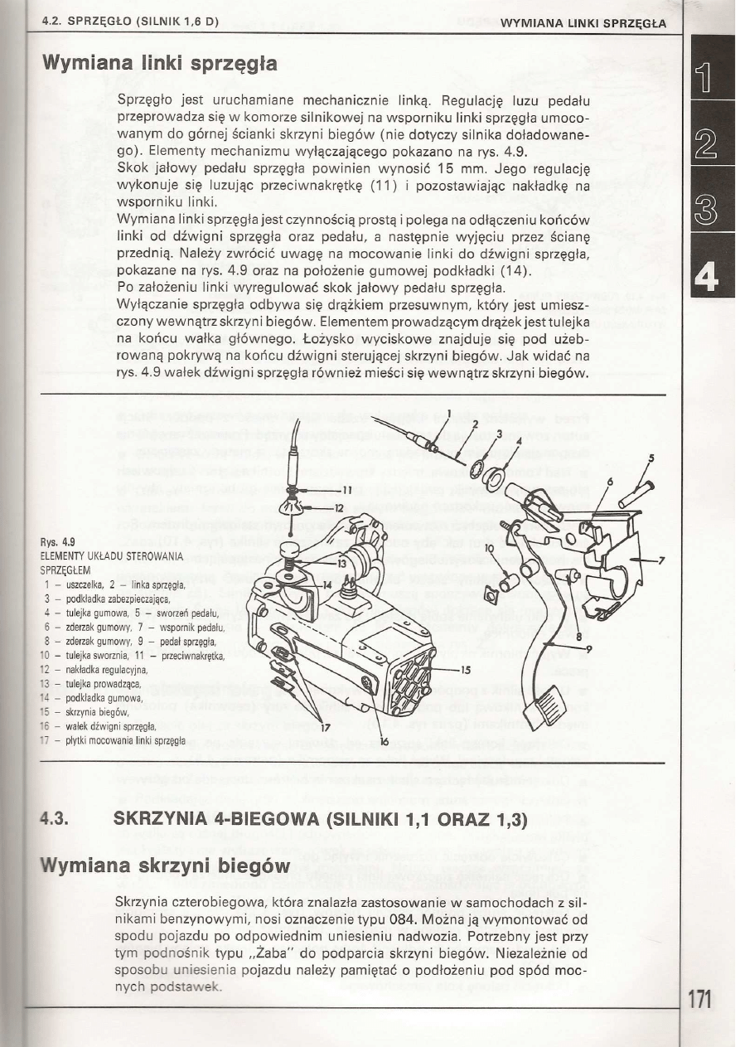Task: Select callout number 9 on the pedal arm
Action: (x=588, y=647)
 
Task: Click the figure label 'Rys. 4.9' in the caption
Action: (x=62, y=542)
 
